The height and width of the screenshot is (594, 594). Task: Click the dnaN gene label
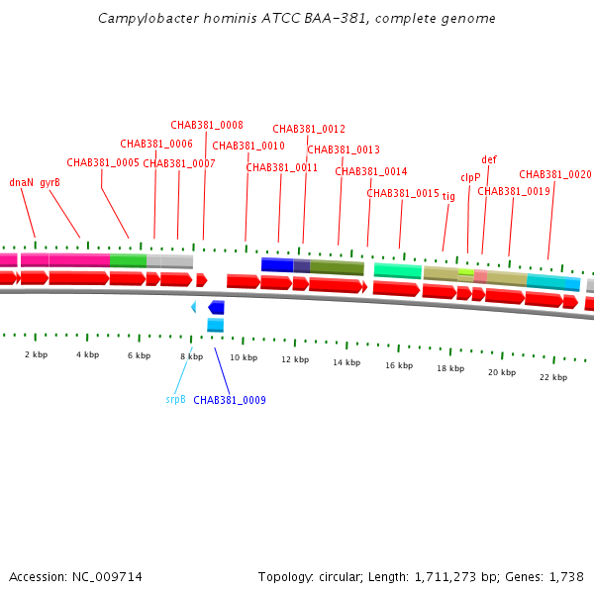click(x=21, y=182)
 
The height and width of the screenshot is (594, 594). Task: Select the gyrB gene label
click(x=49, y=182)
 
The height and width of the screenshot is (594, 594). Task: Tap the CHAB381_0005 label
click(x=103, y=162)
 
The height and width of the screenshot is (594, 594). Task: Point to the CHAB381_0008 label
click(x=207, y=126)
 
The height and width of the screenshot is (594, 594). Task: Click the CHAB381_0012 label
click(x=309, y=129)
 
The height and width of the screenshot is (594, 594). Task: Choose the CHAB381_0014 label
click(x=371, y=171)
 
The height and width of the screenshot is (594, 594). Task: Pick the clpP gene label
click(x=470, y=178)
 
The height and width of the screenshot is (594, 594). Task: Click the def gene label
click(x=489, y=159)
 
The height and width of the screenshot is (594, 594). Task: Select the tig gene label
click(x=448, y=196)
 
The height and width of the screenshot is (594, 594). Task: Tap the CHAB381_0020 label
click(x=555, y=174)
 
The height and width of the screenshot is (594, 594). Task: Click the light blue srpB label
click(x=175, y=400)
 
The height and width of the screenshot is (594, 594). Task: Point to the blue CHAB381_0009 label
click(x=230, y=400)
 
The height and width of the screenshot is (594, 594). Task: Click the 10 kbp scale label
click(x=244, y=357)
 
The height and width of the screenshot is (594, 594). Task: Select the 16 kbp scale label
click(x=399, y=365)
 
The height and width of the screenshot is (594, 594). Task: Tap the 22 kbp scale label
click(x=553, y=377)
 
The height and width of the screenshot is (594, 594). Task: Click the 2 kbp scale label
click(x=36, y=354)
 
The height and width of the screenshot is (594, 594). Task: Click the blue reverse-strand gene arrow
click(x=216, y=308)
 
